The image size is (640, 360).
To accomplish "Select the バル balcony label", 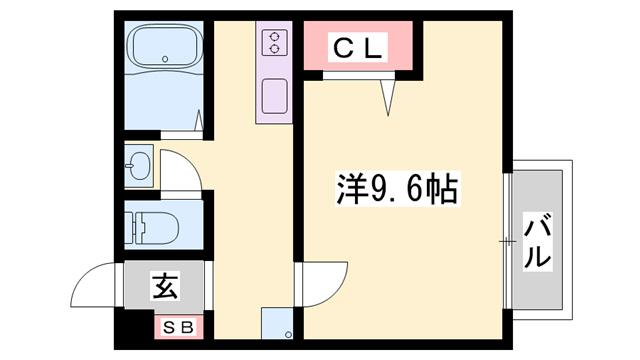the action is point(537,240).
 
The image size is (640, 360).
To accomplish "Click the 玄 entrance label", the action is point(165,287).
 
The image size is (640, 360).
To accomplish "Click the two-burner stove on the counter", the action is point(274,42).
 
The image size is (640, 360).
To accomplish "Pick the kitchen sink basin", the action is point(274,98).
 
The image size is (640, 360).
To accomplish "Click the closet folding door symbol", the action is point(389,95).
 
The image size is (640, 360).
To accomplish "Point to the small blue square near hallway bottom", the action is point(276,324).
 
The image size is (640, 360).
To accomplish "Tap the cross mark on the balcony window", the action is point(508,240).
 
